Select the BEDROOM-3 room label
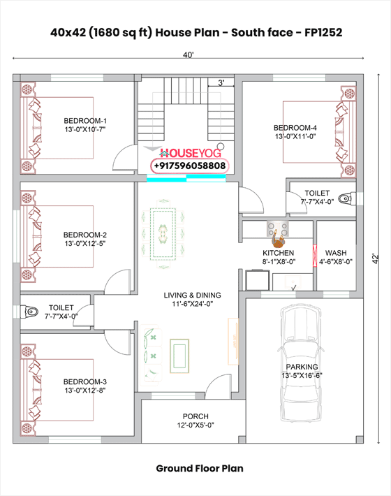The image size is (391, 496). click(85, 381)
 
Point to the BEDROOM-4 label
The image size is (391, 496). click(295, 127)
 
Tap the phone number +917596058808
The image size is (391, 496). click(189, 166)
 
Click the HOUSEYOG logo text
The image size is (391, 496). click(193, 152)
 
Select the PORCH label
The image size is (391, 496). click(195, 416)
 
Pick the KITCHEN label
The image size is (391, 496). click(278, 253)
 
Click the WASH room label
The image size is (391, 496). click(335, 253)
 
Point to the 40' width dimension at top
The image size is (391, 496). click(189, 54)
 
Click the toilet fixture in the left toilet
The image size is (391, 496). click(29, 312)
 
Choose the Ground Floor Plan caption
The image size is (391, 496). click(200, 468)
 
